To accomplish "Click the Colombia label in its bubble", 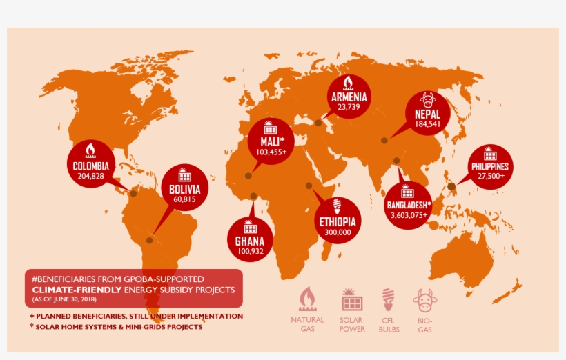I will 91,166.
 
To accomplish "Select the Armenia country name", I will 349,97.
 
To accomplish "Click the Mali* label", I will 272,141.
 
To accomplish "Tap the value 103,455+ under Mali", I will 272,152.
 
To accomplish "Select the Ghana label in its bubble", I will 249,242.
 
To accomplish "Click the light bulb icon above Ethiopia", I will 338,206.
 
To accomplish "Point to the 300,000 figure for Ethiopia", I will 338,232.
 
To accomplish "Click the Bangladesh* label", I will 409,205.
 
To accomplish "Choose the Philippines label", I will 490,166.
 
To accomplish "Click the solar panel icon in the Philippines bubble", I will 490,153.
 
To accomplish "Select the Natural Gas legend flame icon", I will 307,299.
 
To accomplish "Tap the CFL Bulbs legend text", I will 389,325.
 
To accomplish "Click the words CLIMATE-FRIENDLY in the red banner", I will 76,290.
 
